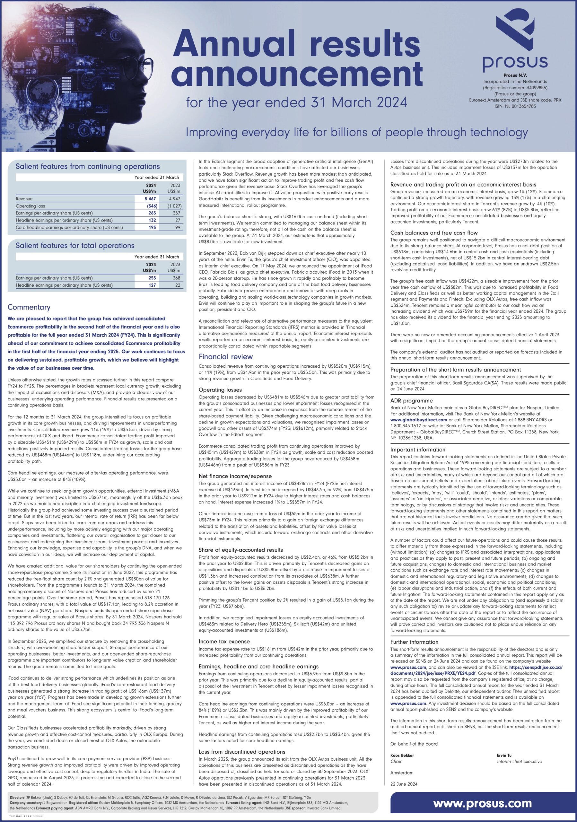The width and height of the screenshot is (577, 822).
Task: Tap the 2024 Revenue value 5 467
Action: pyautogui.click(x=150, y=199)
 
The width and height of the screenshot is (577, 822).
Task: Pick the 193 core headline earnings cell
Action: pyautogui.click(x=152, y=227)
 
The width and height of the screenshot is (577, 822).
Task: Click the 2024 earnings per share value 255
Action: pyautogui.click(x=152, y=278)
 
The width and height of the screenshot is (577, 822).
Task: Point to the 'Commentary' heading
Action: pyautogui.click(x=29, y=307)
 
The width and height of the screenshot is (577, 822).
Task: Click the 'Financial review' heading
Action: pyautogui.click(x=225, y=357)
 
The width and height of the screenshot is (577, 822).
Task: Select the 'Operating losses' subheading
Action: pyautogui.click(x=220, y=390)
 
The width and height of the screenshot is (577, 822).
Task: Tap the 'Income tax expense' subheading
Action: pyautogui.click(x=224, y=642)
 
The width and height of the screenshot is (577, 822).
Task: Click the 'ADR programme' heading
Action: pyautogui.click(x=411, y=401)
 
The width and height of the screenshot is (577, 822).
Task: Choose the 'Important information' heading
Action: pyautogui.click(x=418, y=450)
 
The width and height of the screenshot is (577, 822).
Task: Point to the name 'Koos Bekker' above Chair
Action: pyautogui.click(x=402, y=756)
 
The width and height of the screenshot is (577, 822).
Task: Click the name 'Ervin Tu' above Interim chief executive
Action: pyautogui.click(x=504, y=756)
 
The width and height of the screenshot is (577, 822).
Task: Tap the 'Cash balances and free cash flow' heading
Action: pyautogui.click(x=434, y=233)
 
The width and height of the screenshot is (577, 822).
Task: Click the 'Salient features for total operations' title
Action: pyautogui.click(x=75, y=246)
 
